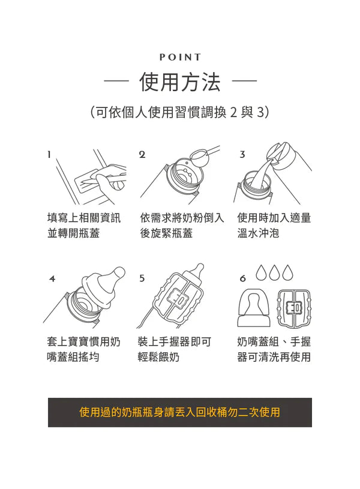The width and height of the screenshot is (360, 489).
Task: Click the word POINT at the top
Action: click(180, 58)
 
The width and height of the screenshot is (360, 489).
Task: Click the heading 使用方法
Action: click(180, 82)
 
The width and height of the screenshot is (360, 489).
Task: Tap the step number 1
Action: click(49, 154)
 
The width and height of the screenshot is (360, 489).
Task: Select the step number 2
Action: click(142, 154)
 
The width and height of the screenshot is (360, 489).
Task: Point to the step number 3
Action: click(242, 154)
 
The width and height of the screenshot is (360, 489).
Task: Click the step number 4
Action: click(52, 278)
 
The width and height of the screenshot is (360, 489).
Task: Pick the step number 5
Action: click(142, 278)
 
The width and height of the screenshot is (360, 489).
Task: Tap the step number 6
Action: click(242, 278)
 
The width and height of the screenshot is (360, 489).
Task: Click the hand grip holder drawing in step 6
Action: click(294, 308)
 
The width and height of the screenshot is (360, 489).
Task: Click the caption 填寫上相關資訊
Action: click(83, 218)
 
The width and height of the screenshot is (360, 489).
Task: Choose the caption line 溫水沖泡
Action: click(258, 233)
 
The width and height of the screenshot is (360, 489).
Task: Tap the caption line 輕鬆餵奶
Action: click(158, 357)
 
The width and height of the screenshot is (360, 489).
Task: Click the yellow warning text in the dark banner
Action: click(180, 412)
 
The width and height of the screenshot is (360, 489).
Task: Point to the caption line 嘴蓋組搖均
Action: click(73, 357)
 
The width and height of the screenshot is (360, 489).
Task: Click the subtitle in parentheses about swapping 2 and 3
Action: click(180, 112)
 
